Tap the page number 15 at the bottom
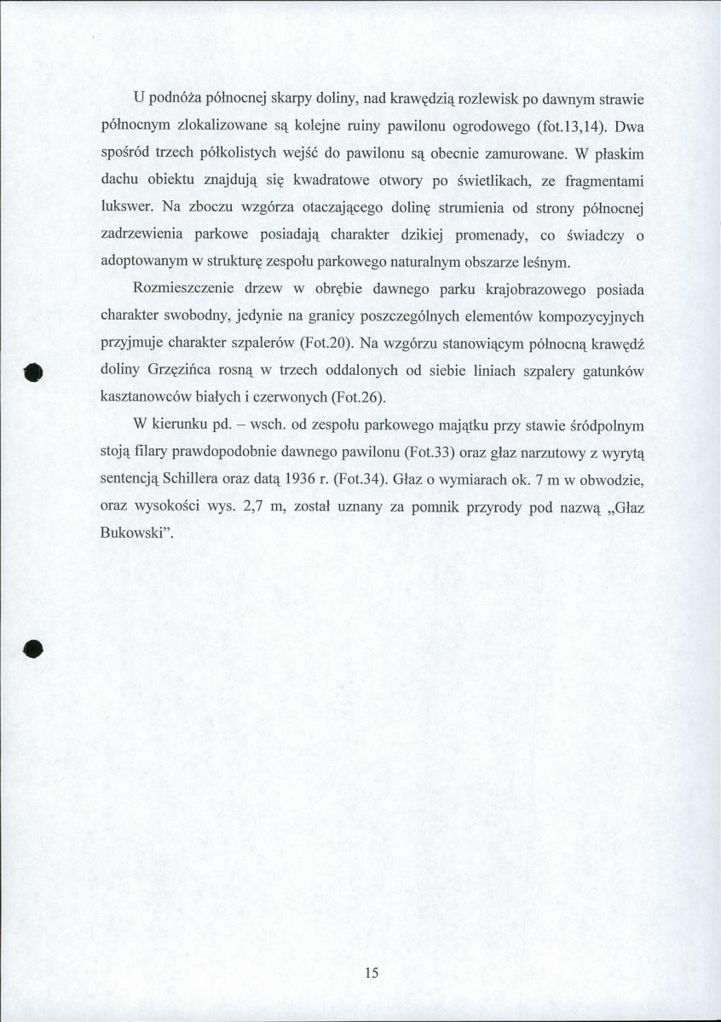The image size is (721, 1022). pos(370,974)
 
